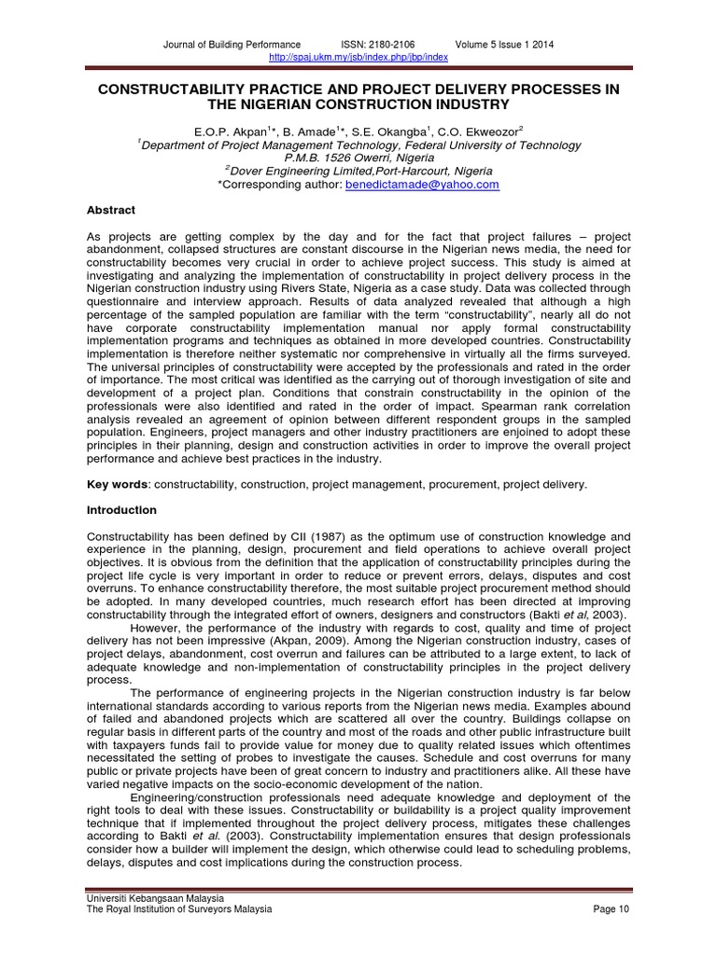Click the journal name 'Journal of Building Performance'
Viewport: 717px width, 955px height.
pyautogui.click(x=232, y=44)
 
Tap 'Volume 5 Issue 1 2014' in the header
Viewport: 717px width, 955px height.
pyautogui.click(x=504, y=44)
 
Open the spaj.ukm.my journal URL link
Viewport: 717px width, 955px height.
pyautogui.click(x=358, y=57)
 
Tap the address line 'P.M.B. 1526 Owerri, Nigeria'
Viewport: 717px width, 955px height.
pyautogui.click(x=358, y=158)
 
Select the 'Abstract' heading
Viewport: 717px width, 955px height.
pyautogui.click(x=111, y=211)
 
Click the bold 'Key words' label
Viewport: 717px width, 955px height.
pyautogui.click(x=118, y=485)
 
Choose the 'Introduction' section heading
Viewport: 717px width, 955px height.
pyautogui.click(x=121, y=511)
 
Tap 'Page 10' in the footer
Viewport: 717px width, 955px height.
pyautogui.click(x=610, y=909)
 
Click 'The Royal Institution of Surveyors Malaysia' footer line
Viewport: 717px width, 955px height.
pyautogui.click(x=179, y=909)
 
